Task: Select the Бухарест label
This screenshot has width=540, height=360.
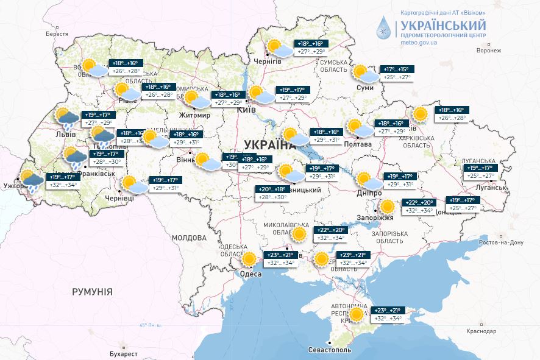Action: coord(119,353)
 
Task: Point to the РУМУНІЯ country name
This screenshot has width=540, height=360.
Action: coord(92,292)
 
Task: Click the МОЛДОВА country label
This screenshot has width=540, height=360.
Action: coord(189,238)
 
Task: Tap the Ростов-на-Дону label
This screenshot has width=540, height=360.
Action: coord(501,242)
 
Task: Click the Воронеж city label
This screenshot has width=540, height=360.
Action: coord(488,51)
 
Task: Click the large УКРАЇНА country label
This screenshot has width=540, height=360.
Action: coord(269,144)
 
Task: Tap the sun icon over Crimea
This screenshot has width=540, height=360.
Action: coord(359,314)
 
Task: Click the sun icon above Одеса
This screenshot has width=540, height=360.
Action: coord(249,259)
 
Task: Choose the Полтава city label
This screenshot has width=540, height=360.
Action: coord(358,144)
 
